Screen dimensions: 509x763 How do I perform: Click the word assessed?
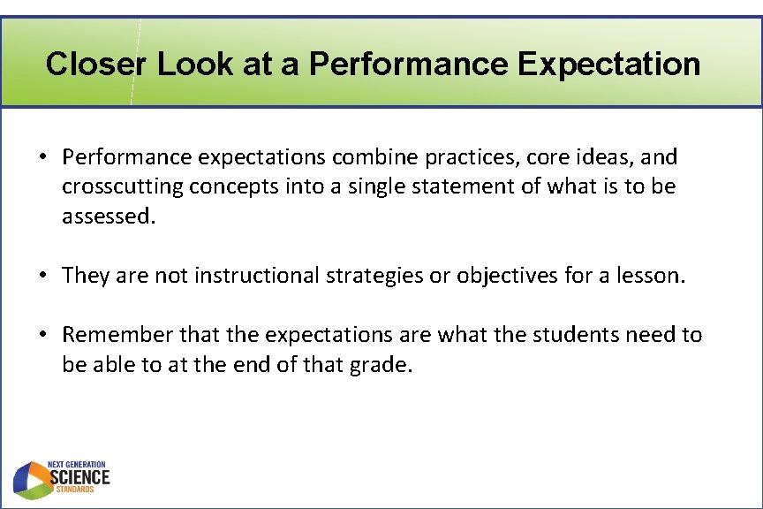[x=108, y=217]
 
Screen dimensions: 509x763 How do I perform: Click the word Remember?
[x=117, y=334]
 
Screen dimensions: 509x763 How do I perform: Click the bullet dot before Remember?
[x=42, y=335]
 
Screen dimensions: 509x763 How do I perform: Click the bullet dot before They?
[x=42, y=276]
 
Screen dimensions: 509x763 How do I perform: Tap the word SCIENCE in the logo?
[x=80, y=477]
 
